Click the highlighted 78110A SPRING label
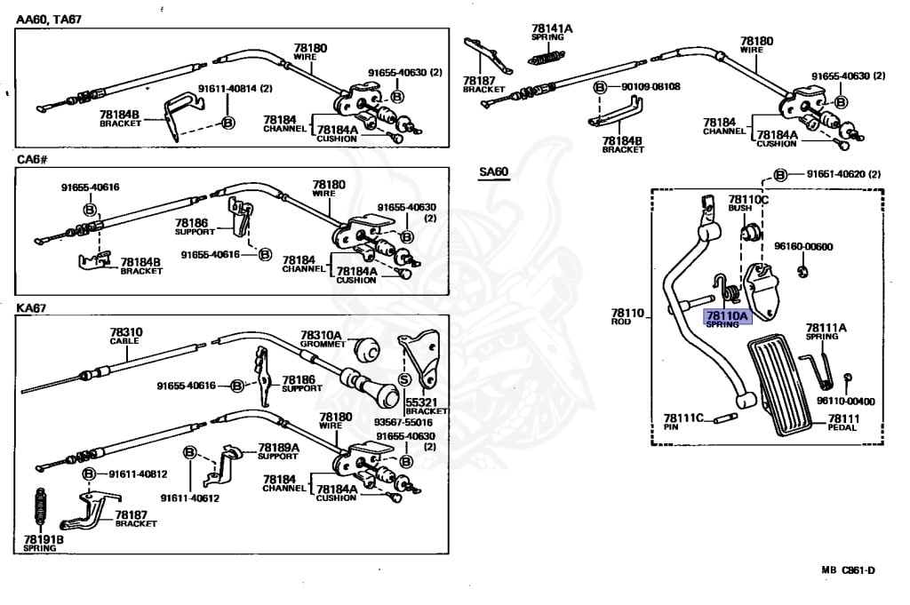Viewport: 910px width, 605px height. tap(728, 319)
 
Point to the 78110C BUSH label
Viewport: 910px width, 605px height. tap(747, 203)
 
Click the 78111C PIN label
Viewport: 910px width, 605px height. tap(683, 421)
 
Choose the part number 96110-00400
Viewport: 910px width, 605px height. tap(844, 402)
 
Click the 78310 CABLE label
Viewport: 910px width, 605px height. tap(125, 336)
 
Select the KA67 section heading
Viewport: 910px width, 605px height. tap(31, 308)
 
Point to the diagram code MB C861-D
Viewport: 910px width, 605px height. tap(848, 569)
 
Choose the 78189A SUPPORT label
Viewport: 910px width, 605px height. tap(278, 451)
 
